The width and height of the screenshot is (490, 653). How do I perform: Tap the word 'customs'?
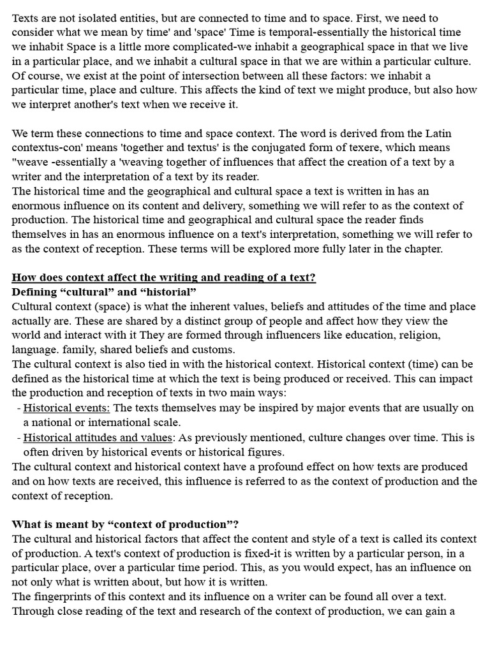point(214,349)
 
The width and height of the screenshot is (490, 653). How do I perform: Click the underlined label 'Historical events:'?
point(67,407)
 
